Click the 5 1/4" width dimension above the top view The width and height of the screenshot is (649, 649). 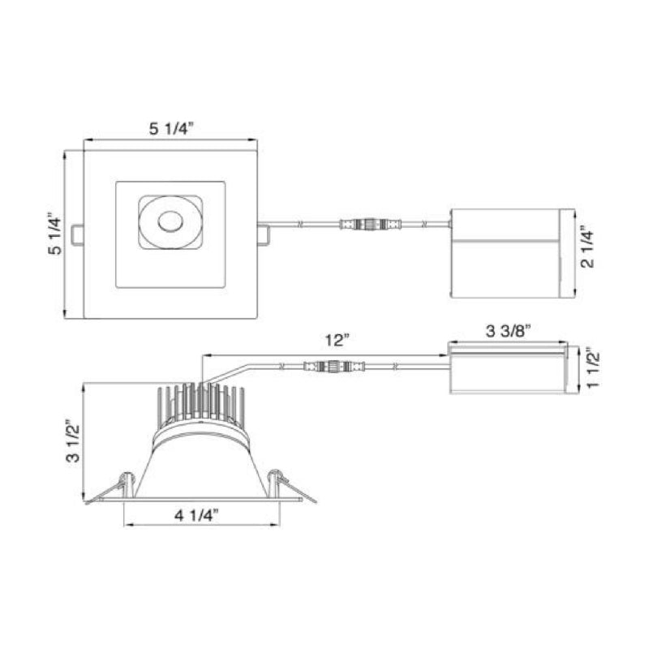tap(171, 129)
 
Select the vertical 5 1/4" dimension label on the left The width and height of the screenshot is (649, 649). tap(54, 234)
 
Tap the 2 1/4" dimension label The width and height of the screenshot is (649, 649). tap(587, 247)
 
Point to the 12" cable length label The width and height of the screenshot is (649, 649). tap(337, 340)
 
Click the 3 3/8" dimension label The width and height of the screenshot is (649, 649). tap(508, 331)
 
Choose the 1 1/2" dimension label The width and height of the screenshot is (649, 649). tap(593, 370)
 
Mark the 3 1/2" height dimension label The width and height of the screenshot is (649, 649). tap(73, 441)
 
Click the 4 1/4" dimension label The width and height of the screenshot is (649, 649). tap(196, 515)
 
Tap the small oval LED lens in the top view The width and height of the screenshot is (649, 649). tap(170, 221)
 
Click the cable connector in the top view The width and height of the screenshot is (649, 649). tap(371, 225)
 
